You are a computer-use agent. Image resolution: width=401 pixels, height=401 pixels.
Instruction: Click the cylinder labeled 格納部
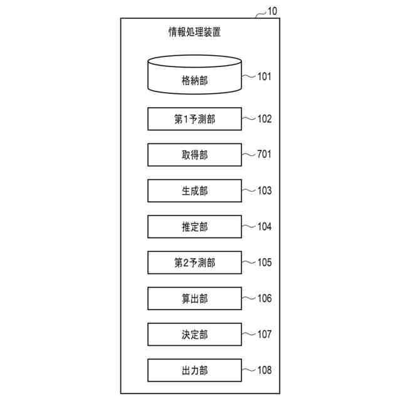(194, 76)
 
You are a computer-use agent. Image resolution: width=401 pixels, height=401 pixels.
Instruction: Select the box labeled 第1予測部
(194, 119)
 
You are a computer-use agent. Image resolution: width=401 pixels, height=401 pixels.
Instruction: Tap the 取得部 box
(194, 155)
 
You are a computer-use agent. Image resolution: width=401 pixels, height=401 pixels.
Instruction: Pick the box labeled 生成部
(194, 191)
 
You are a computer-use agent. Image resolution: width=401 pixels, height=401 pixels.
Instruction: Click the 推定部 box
(194, 227)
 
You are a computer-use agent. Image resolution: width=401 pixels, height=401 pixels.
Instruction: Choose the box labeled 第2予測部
(194, 263)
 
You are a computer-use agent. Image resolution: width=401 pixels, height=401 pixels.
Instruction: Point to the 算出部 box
(194, 298)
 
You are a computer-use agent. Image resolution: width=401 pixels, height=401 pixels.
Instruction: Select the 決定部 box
(194, 334)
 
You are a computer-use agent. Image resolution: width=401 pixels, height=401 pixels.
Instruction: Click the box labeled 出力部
(194, 370)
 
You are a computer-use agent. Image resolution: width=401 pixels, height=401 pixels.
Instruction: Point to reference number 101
(264, 77)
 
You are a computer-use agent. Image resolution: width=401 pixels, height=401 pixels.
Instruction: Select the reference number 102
(264, 118)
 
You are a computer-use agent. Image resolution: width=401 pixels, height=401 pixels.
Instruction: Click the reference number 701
(264, 154)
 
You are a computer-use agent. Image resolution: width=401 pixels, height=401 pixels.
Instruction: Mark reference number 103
(264, 190)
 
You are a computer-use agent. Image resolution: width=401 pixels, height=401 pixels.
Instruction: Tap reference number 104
(264, 226)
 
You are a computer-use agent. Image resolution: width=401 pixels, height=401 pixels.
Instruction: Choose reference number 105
(264, 262)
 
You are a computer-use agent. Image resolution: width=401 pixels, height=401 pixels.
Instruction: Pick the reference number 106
(264, 298)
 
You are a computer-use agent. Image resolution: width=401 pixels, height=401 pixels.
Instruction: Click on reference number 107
(264, 334)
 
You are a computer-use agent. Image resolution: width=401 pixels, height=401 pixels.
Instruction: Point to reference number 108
(264, 370)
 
